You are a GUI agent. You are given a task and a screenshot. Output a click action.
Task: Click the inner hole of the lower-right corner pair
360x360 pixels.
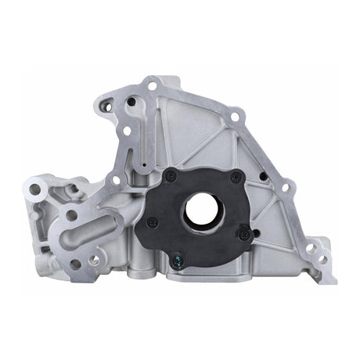pyautogui.click(x=310, y=248)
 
